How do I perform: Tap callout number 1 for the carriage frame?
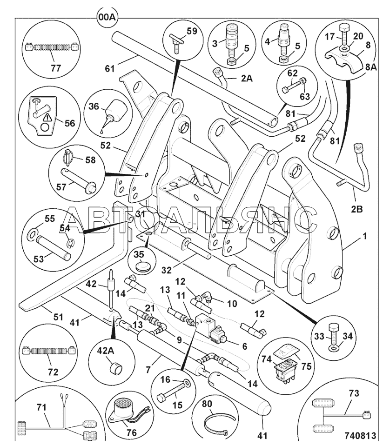click(x=365, y=236)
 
